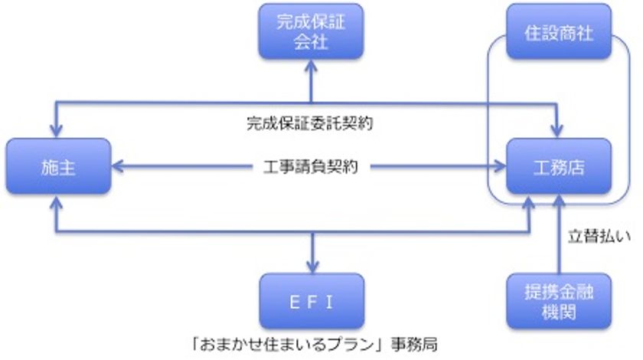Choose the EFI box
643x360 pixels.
pos(312,301)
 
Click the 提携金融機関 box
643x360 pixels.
pos(559,301)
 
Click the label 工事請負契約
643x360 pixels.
pos(310,167)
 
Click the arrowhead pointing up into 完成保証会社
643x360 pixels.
pos(311,65)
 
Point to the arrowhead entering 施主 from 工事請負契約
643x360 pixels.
pos(116,167)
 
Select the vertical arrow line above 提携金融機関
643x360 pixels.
pos(560,234)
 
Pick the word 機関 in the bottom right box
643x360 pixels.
pos(559,311)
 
